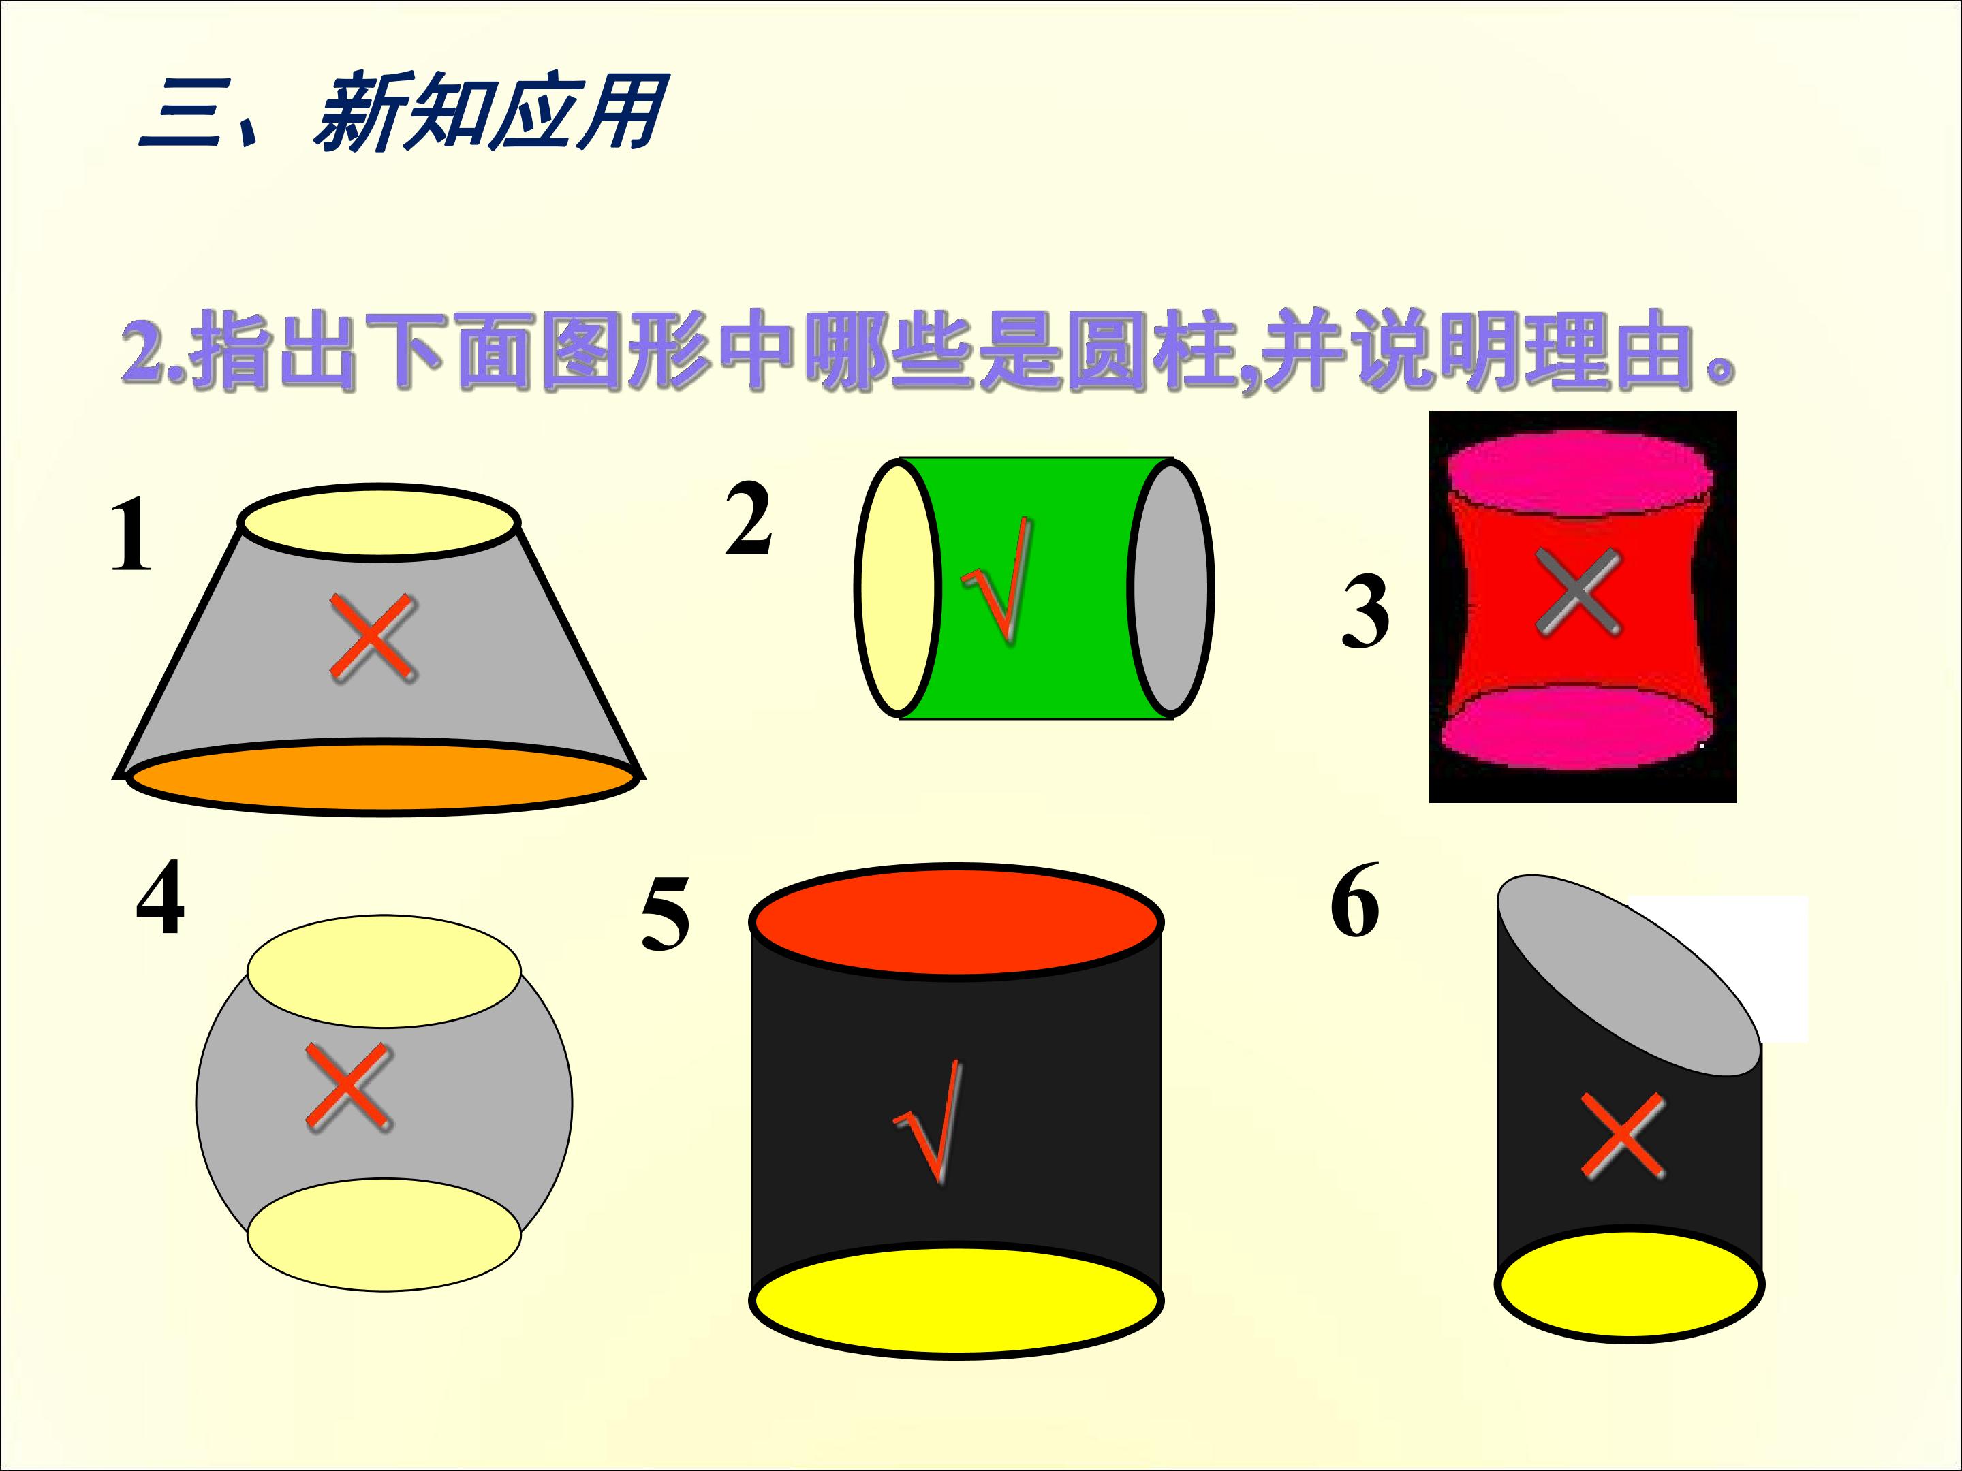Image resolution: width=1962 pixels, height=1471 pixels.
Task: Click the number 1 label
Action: (x=131, y=535)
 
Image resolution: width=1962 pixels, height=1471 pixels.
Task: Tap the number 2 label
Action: (x=748, y=519)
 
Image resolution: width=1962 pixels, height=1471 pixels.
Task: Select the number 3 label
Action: (x=1365, y=611)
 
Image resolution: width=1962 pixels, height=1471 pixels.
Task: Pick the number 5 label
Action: (x=665, y=913)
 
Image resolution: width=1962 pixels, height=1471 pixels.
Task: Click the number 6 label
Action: (x=1354, y=900)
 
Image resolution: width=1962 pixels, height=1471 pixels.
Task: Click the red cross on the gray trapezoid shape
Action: (x=373, y=637)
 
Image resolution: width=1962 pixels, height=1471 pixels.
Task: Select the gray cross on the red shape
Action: (x=1578, y=591)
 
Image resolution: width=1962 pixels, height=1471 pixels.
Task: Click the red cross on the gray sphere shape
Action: (x=349, y=1087)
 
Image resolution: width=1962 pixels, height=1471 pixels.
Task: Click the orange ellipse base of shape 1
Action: (x=383, y=778)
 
